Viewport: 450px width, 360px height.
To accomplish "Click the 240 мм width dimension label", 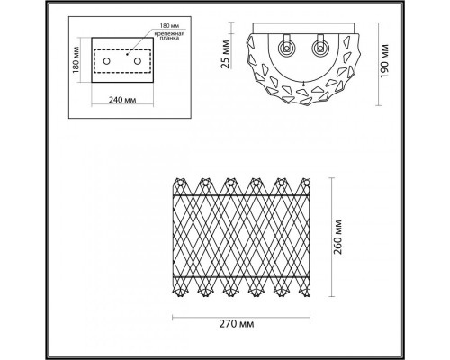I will (123, 98).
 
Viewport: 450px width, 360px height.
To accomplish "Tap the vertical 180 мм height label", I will (78, 61).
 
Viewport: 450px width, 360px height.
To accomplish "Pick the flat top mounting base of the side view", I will (303, 25).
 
